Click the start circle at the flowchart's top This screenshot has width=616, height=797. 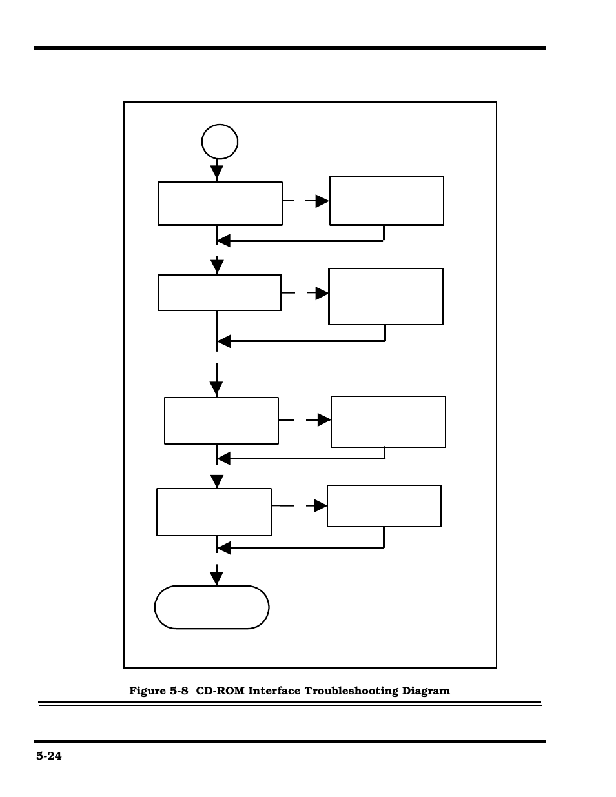pyautogui.click(x=220, y=142)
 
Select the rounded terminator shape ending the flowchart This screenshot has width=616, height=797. pyautogui.click(x=212, y=607)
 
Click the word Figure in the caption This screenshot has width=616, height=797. pyautogui.click(x=148, y=691)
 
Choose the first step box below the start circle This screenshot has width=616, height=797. pyautogui.click(x=220, y=203)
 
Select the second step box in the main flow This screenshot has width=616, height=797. pyautogui.click(x=220, y=293)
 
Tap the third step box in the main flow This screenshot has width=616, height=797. pyautogui.click(x=221, y=421)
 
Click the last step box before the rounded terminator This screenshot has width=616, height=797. pyautogui.click(x=214, y=512)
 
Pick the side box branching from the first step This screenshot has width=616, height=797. pyautogui.click(x=387, y=201)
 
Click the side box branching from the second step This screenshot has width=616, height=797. pyautogui.click(x=386, y=296)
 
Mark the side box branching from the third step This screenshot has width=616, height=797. pyautogui.click(x=388, y=421)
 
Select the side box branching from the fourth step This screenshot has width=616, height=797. pyautogui.click(x=384, y=506)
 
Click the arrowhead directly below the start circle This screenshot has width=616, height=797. pyautogui.click(x=217, y=172)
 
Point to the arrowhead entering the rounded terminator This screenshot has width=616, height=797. pyautogui.click(x=217, y=578)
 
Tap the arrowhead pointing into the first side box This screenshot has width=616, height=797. pyautogui.click(x=322, y=201)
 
